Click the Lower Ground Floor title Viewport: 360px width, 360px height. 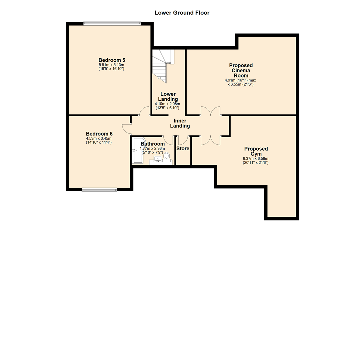[182, 13]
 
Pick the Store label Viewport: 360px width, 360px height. [183, 149]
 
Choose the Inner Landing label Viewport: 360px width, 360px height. [180, 123]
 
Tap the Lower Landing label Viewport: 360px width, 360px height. [167, 97]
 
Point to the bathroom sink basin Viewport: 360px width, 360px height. [158, 159]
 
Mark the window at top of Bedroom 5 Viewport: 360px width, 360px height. [112, 23]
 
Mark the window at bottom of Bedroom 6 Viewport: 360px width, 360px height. [99, 190]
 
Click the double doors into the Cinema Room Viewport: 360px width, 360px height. [211, 111]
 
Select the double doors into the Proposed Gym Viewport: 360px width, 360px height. [210, 140]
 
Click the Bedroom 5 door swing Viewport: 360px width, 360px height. [144, 111]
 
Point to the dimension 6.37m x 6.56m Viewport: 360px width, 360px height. [256, 159]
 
